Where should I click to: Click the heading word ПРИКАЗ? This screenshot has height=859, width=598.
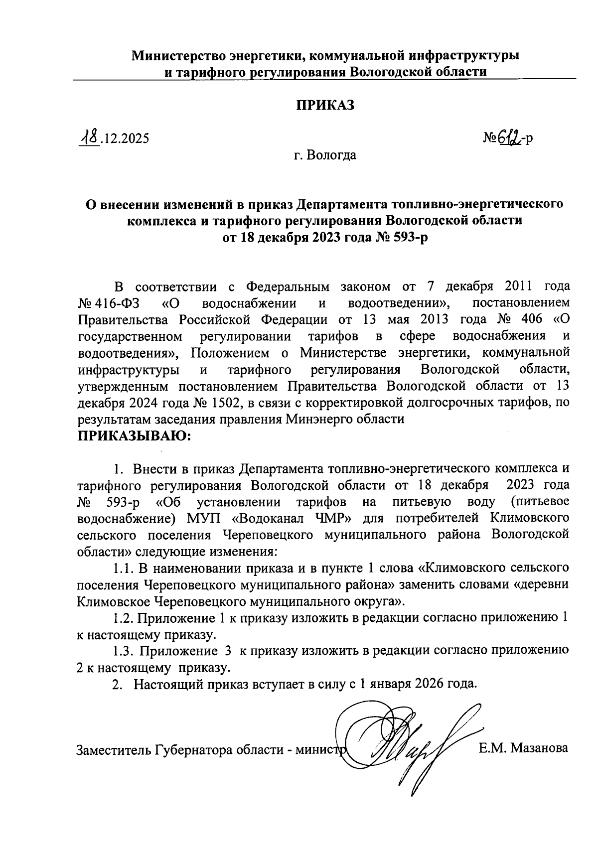[x=325, y=105]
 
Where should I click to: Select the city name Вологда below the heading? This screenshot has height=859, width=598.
[x=331, y=155]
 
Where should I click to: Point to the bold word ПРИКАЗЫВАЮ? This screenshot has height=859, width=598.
[x=134, y=437]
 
